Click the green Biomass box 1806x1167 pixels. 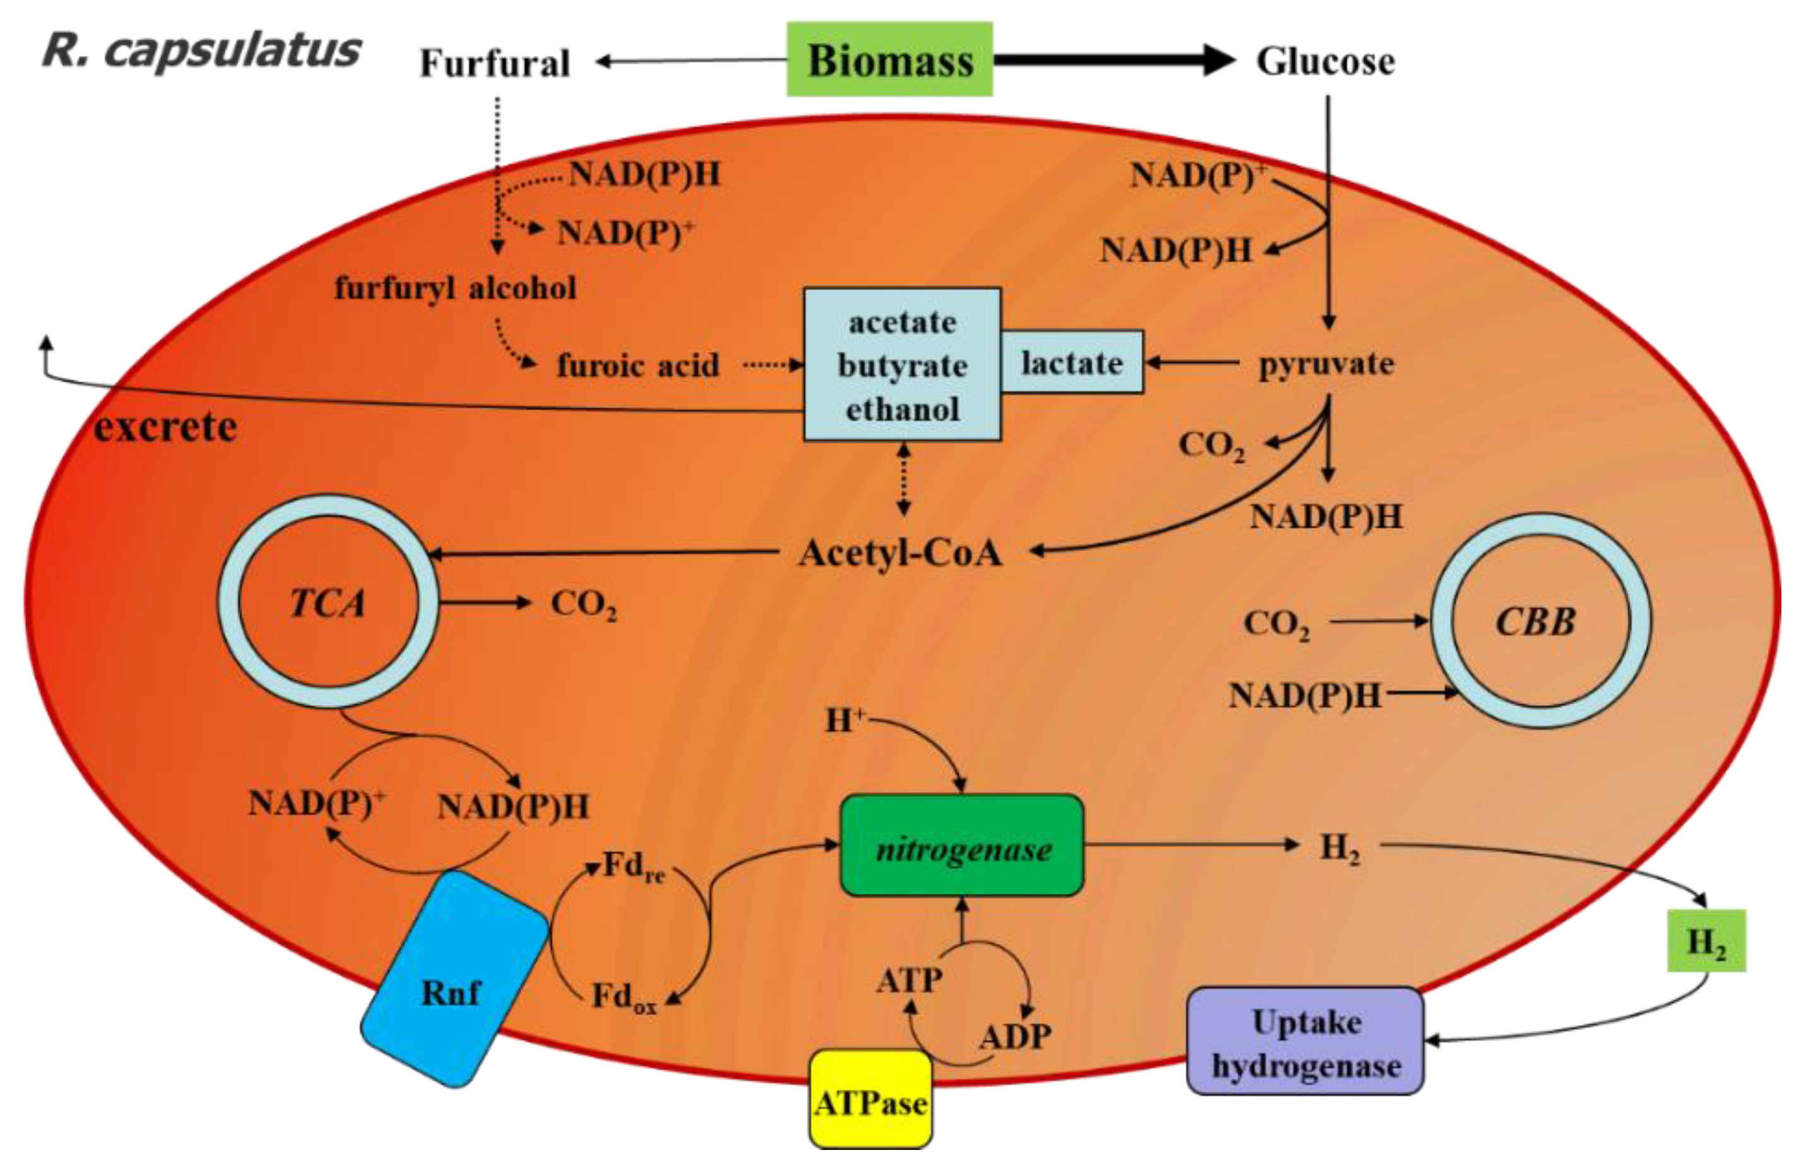click(889, 59)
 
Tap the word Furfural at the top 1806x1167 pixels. click(494, 63)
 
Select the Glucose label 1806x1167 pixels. click(1325, 61)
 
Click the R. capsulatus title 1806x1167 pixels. click(201, 50)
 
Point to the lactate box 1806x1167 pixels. click(1072, 362)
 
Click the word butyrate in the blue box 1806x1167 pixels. click(902, 366)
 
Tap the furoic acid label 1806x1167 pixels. click(638, 366)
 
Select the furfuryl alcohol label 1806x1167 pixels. click(456, 288)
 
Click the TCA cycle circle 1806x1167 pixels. click(328, 603)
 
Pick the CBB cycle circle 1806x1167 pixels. click(1540, 622)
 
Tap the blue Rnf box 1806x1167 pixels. click(453, 979)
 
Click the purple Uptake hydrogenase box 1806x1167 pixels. click(1305, 1042)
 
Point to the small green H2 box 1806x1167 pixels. click(1706, 941)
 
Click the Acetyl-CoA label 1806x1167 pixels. click(900, 553)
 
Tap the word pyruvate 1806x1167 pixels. click(1326, 364)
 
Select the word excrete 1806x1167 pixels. click(165, 427)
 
